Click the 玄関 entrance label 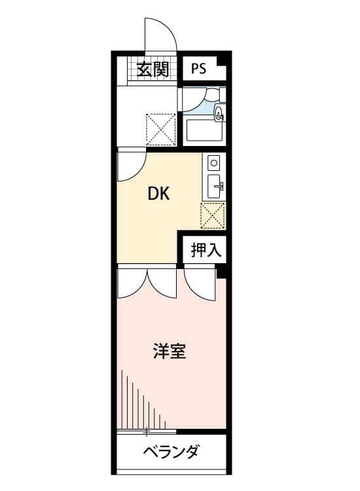[x=153, y=68]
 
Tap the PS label [x=199, y=69]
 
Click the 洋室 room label [x=169, y=352]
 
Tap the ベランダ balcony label [x=171, y=452]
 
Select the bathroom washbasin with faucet [x=220, y=113]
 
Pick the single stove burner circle [x=213, y=161]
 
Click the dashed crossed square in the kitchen [x=213, y=215]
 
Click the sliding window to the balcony [x=147, y=431]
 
